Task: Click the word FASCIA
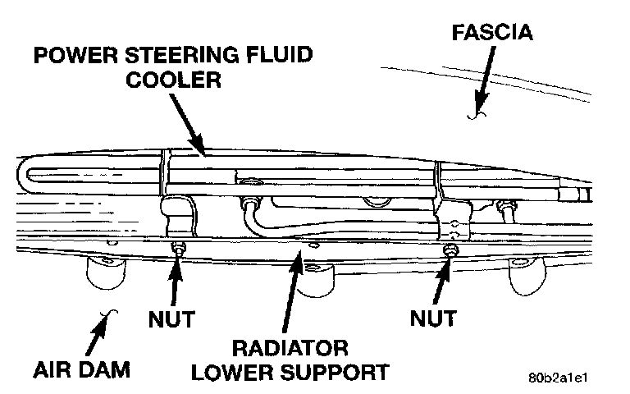pos(491,33)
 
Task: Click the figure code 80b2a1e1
pos(560,379)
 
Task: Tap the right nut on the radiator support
pos(450,251)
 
